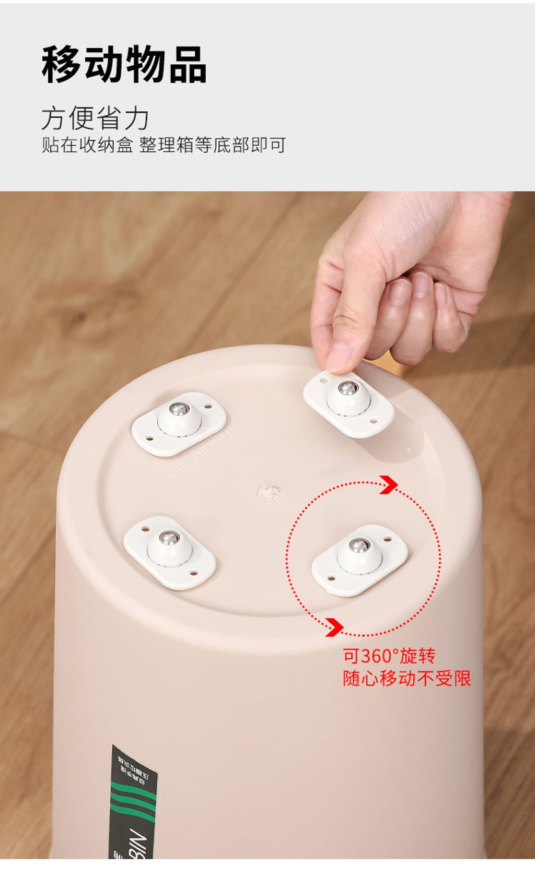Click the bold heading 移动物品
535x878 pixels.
click(124, 65)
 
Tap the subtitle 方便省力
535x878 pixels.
click(95, 118)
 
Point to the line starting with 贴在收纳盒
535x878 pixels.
click(164, 145)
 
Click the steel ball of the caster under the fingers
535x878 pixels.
click(347, 388)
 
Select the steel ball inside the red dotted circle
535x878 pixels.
click(358, 546)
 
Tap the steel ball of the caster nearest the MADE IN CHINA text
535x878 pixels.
click(179, 409)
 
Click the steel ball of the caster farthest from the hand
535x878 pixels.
click(169, 538)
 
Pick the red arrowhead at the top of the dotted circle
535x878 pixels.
click(388, 484)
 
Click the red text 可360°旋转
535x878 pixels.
click(389, 656)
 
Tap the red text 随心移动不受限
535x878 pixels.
click(406, 679)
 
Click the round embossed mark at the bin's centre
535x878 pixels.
click(269, 491)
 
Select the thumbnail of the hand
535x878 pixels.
click(339, 357)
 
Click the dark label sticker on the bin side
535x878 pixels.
click(133, 804)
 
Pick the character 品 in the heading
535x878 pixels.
click(188, 65)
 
